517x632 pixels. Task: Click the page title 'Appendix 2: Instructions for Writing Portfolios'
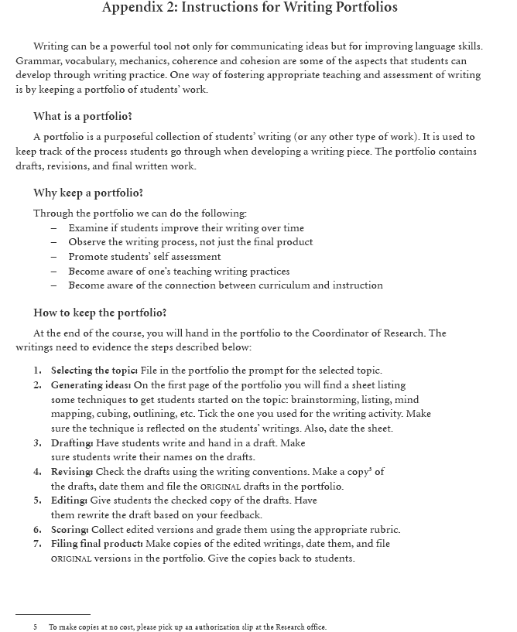[x=250, y=9]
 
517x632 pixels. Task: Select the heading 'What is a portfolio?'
[x=83, y=117]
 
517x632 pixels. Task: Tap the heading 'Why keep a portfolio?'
[x=88, y=193]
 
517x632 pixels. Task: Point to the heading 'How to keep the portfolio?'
[x=101, y=313]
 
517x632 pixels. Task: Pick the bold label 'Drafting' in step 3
[x=72, y=443]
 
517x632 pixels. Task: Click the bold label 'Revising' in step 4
[x=72, y=472]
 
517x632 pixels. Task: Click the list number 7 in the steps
[x=36, y=544]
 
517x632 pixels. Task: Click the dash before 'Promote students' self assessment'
[x=54, y=257]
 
